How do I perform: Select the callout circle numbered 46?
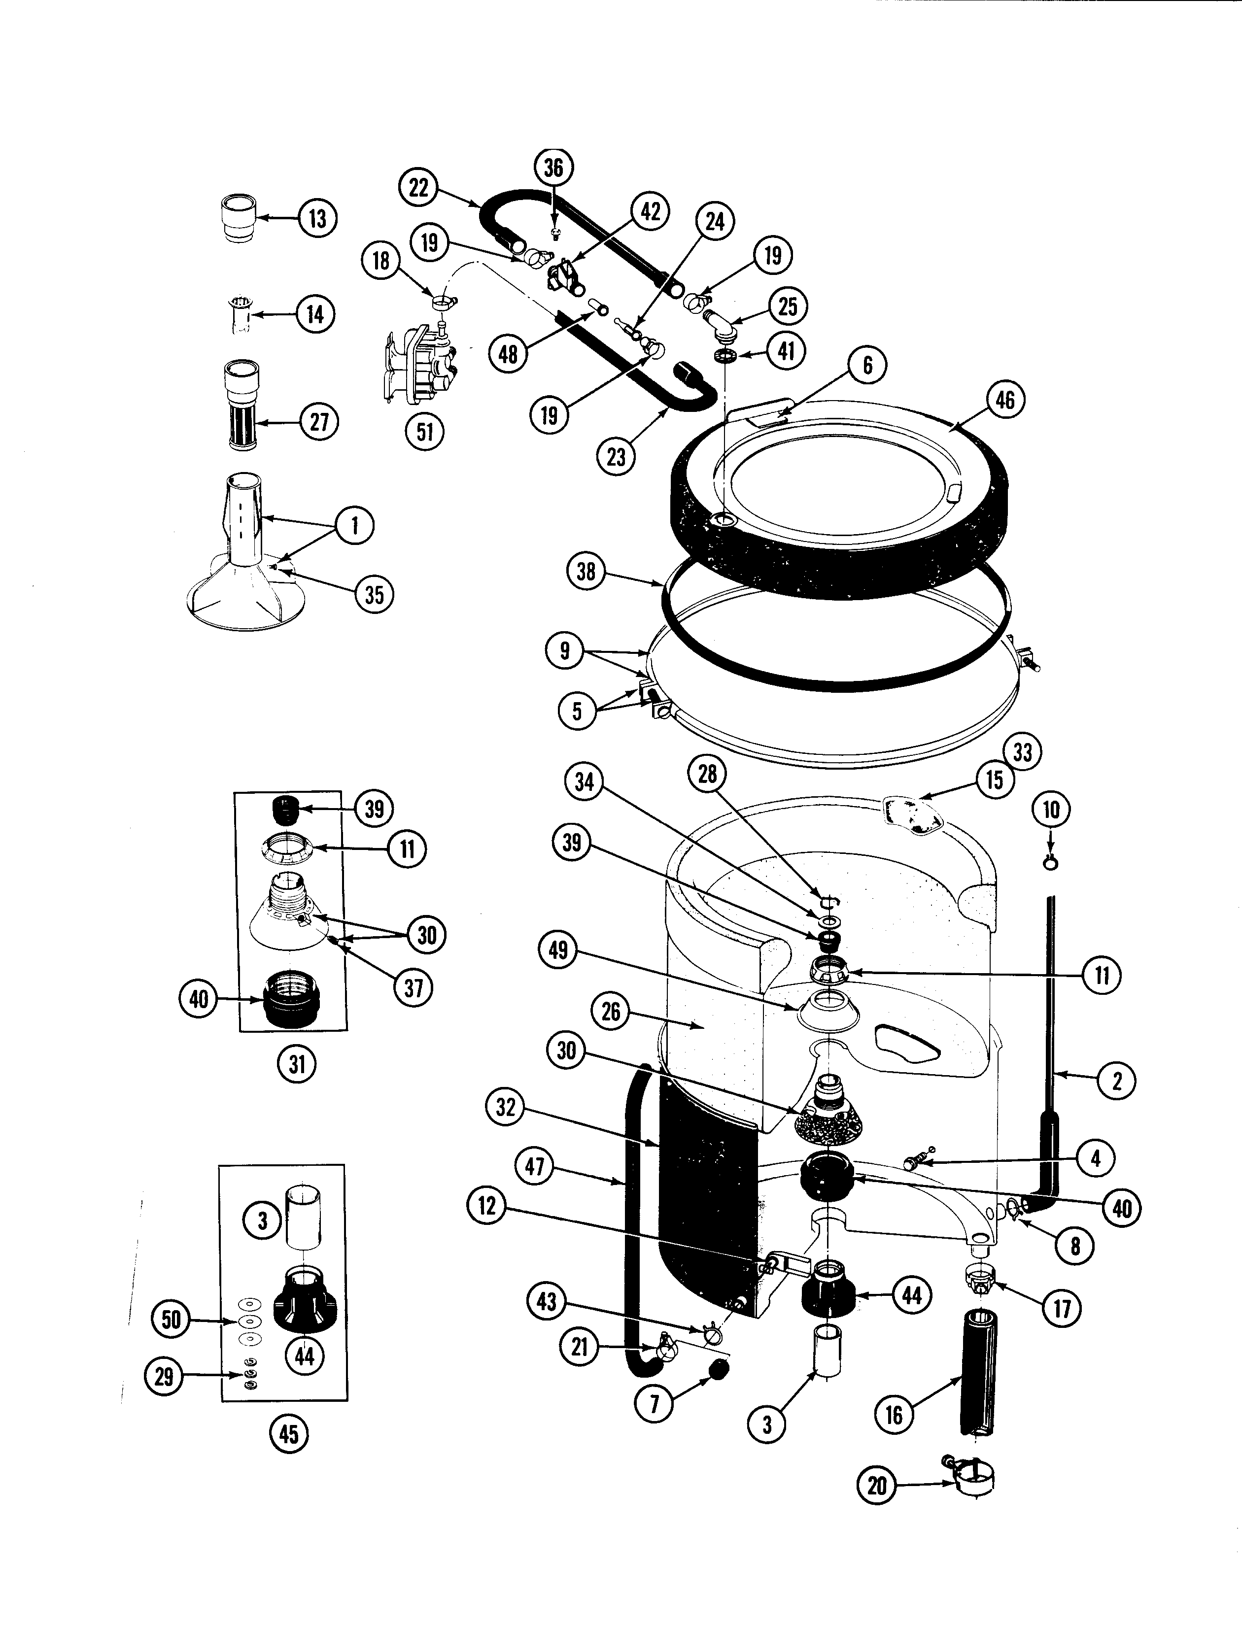[x=1005, y=400]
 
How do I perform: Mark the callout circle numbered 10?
[x=1051, y=810]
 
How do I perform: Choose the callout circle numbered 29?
[x=164, y=1376]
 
